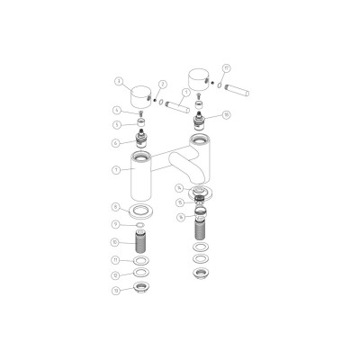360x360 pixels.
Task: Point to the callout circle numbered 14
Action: coord(180,188)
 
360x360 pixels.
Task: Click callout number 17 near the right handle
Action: coord(226,67)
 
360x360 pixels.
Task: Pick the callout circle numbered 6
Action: coord(117,142)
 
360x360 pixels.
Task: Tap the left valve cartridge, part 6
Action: coord(141,139)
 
